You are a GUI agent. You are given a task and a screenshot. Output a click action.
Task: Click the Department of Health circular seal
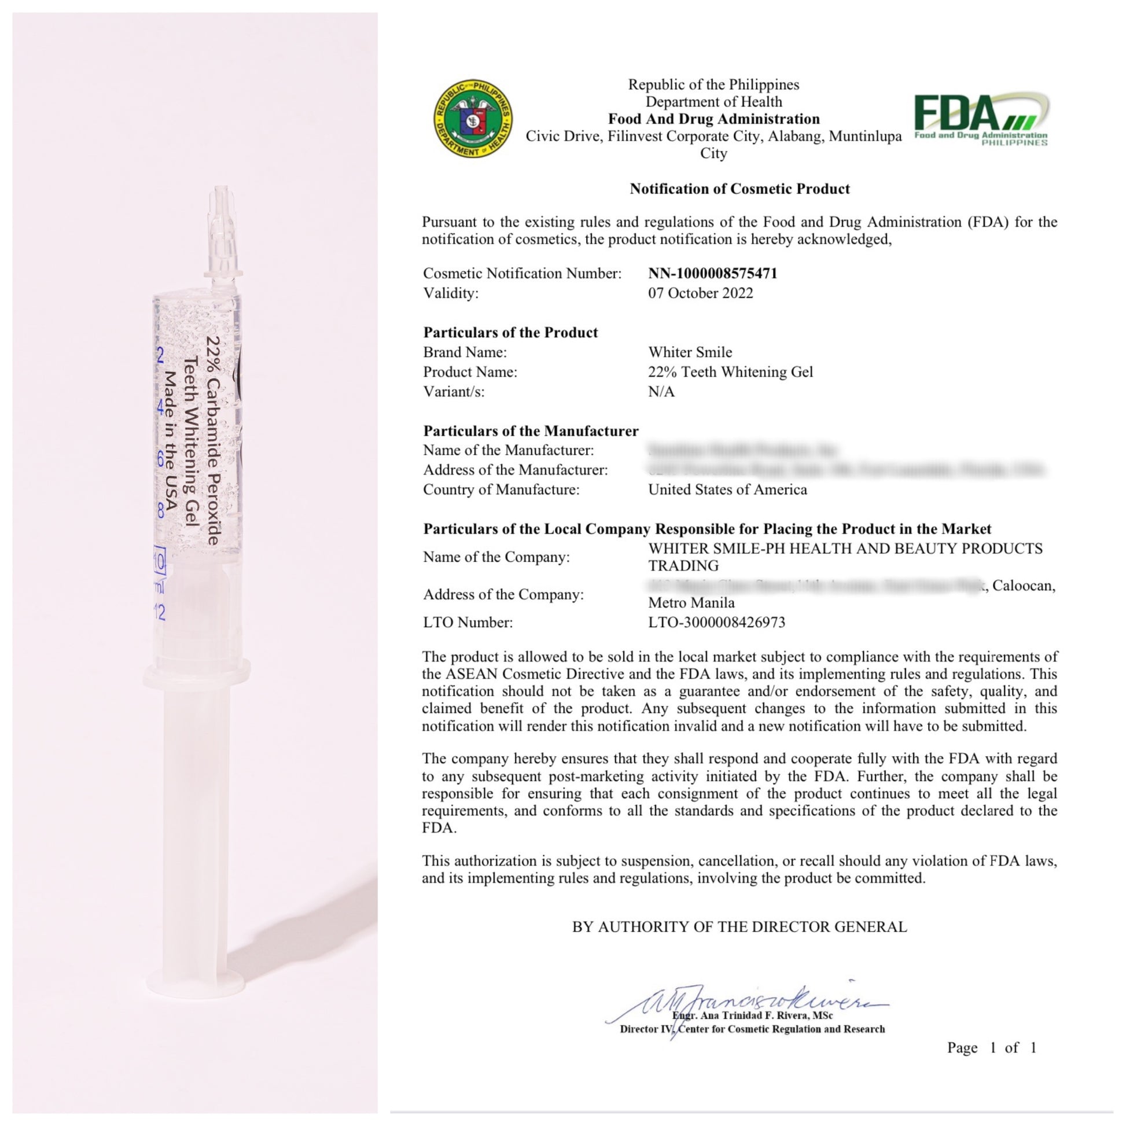473,118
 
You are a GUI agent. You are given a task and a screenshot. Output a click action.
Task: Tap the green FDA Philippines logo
981,119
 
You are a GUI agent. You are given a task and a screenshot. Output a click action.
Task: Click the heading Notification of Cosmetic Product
739,189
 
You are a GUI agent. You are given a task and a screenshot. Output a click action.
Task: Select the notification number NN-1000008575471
712,273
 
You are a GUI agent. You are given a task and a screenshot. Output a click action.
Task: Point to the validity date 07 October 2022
700,293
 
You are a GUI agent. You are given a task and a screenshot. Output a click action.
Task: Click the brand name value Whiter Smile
690,352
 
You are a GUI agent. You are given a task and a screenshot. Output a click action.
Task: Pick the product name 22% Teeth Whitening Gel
730,372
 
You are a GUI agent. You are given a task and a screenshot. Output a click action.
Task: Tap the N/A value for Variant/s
661,392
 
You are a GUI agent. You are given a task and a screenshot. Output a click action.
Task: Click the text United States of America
727,490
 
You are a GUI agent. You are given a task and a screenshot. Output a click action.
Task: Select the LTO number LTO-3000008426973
716,623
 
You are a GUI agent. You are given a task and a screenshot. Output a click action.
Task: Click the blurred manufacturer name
742,450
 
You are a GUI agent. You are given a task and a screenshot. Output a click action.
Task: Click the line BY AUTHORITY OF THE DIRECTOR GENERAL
739,927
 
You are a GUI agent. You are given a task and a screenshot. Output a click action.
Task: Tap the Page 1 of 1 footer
991,1048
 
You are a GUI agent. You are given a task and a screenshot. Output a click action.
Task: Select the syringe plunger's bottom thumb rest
195,985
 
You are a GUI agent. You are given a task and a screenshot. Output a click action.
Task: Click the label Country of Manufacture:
501,490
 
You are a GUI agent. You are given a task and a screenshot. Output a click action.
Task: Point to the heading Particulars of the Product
510,332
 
